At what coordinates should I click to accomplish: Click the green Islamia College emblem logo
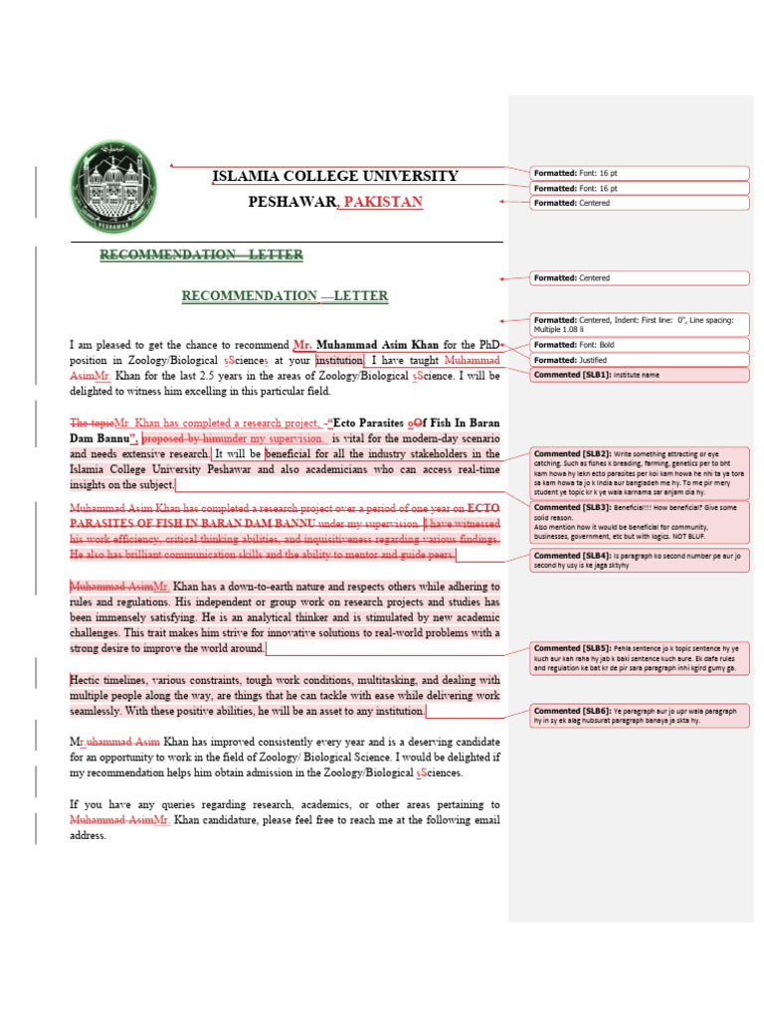113,188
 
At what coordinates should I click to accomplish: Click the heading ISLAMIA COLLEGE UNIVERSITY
335,177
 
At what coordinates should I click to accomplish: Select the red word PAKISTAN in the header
383,202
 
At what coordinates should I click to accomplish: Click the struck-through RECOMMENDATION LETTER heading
201,255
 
